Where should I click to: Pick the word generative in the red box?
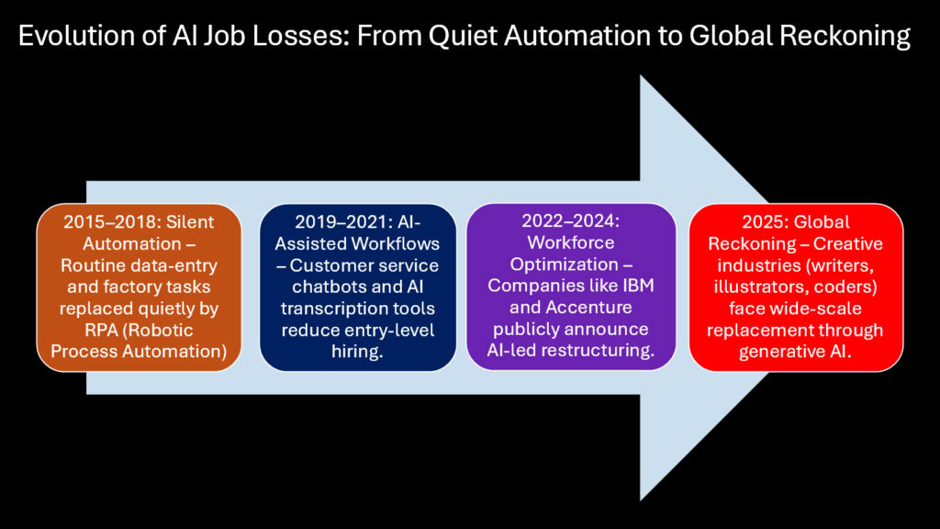tap(780, 352)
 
